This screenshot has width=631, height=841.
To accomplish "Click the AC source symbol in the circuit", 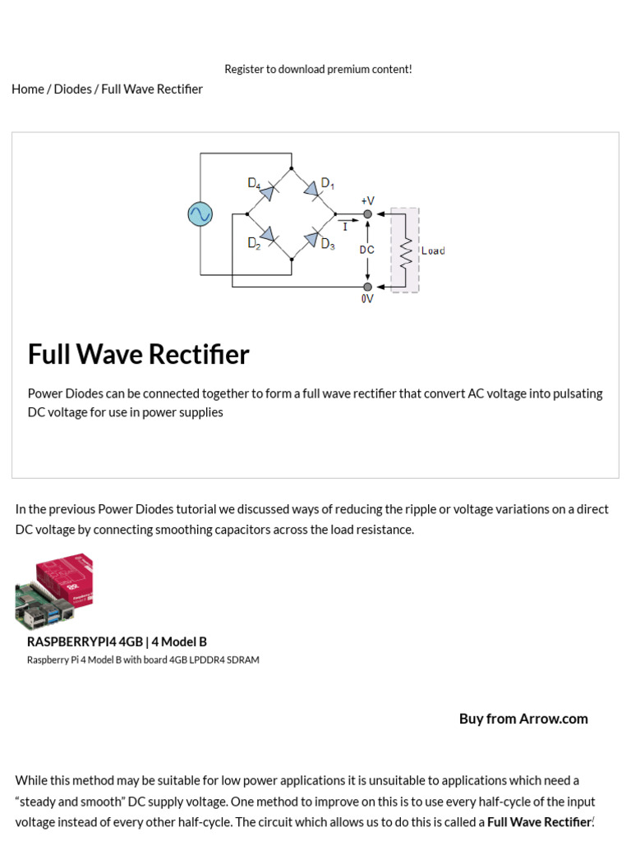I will (200, 214).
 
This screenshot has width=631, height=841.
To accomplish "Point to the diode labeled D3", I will (311, 239).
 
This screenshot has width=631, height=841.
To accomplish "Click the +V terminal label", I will (367, 200).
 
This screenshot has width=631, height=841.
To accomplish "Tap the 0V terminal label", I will (367, 300).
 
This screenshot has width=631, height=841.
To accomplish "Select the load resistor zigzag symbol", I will (405, 250).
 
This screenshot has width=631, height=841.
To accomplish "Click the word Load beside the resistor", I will (433, 250).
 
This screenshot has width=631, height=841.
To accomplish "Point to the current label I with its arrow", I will (347, 223).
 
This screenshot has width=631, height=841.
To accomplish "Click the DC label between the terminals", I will (367, 250).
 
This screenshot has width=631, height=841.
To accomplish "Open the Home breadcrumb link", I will (27, 89).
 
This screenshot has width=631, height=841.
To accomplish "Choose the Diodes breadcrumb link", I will (72, 89).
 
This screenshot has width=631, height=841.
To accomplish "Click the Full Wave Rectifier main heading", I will (138, 354).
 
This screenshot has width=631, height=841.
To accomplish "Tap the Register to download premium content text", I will (318, 69).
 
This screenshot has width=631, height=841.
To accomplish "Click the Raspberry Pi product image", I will (54, 591).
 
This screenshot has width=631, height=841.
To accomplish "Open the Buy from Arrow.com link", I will (523, 719).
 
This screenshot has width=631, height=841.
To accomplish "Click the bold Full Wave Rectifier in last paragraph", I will (539, 821).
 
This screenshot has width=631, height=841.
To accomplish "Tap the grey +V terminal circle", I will (368, 214).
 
